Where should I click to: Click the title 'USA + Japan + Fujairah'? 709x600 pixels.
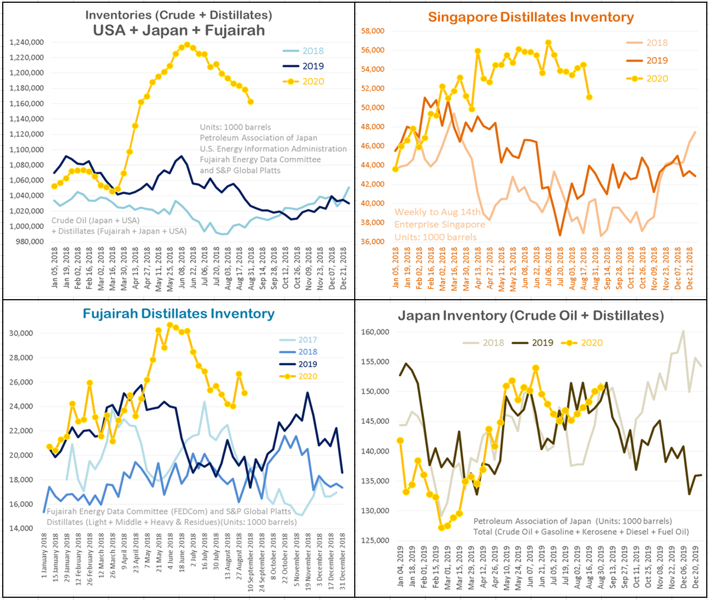point(179,31)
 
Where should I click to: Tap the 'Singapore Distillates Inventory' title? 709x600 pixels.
point(531,17)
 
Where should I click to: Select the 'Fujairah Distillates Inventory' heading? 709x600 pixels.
point(179,313)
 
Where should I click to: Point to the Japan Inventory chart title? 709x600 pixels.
point(531,316)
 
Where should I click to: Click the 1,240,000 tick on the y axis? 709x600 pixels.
point(27,42)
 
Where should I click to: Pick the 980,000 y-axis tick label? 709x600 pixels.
point(31,241)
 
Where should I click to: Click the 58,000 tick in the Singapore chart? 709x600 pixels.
point(372,31)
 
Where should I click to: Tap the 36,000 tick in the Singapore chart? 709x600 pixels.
point(372,241)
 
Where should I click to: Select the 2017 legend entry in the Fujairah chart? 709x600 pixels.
point(307,340)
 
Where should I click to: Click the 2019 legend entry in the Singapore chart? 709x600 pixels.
point(657,60)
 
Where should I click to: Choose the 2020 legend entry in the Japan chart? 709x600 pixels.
point(592,343)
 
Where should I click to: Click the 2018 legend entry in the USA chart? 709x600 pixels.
point(313,51)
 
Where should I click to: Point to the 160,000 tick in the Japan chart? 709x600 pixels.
point(376,332)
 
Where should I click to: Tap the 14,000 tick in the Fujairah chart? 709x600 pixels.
point(21,529)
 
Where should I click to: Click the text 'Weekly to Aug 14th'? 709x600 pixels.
point(437,212)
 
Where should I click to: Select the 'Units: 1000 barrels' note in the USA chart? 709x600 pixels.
point(235,127)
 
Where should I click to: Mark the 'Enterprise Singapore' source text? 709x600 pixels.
point(439,224)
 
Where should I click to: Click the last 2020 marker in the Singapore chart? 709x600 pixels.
point(589,97)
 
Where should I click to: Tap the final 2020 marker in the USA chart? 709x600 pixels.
point(251,102)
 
